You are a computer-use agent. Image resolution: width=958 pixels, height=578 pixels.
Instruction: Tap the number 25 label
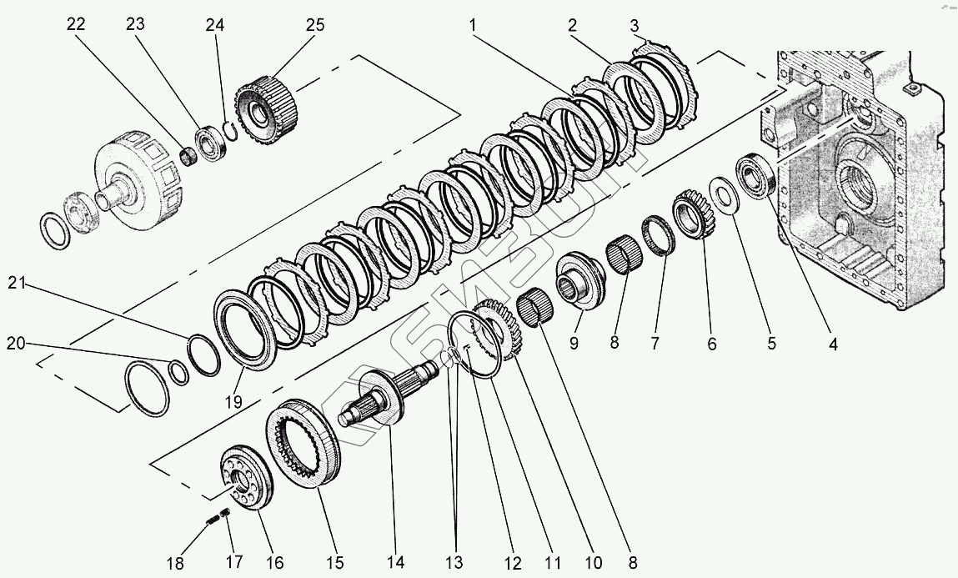pos(314,25)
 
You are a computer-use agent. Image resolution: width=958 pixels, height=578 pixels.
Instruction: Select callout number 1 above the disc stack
pos(473,25)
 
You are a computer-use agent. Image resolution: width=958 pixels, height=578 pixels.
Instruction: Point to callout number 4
pos(832,343)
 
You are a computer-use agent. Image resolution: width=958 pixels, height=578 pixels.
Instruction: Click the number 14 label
pos(394,562)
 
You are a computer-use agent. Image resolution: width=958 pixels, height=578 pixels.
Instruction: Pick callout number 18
pos(174,563)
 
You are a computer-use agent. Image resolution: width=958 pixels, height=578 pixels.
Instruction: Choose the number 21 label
pos(18,284)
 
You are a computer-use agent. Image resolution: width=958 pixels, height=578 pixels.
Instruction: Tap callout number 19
pos(233,401)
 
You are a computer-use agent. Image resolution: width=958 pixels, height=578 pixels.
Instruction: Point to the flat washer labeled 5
pos(722,195)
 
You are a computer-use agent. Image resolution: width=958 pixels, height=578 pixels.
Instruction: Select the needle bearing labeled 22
pos(188,155)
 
